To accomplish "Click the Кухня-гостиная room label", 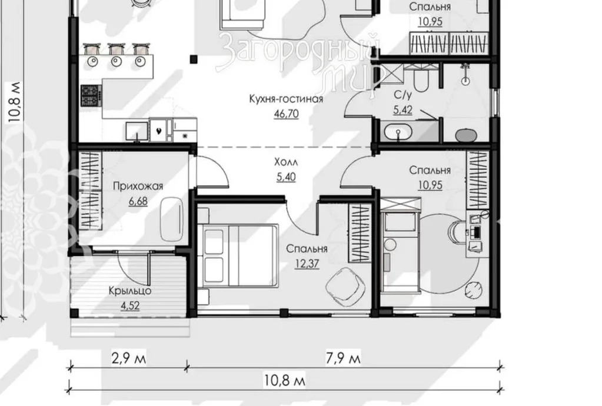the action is (286, 99).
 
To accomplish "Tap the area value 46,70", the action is (286, 114).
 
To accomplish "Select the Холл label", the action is (286, 162).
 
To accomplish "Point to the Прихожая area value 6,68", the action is (138, 201).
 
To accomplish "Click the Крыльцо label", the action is (130, 291).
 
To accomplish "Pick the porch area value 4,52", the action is (130, 306).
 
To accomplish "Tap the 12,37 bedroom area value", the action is (307, 264).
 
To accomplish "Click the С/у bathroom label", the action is (403, 95).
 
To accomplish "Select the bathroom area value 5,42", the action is (403, 110).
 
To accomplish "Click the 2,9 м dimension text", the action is (129, 358).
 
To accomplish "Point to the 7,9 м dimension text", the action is (343, 358).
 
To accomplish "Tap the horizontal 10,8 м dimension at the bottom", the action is (284, 381).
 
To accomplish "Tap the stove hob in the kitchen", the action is (91, 95).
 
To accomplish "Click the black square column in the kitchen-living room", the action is (194, 59).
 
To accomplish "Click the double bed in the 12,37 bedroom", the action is (238, 255).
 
